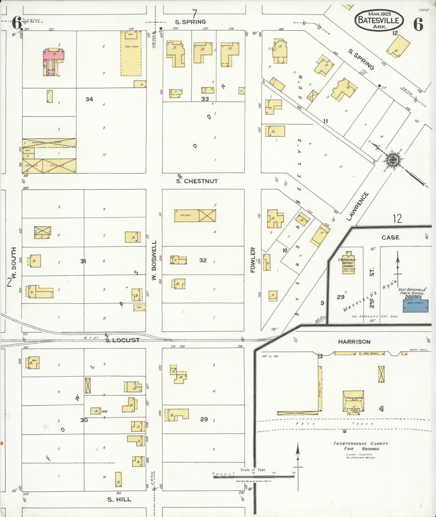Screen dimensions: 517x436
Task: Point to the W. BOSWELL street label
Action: (x=154, y=260)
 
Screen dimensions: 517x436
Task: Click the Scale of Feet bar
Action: (x=253, y=477)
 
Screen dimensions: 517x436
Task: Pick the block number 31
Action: (x=83, y=261)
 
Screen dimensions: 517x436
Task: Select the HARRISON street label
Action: (x=354, y=342)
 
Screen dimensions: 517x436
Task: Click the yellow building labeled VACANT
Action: (x=186, y=216)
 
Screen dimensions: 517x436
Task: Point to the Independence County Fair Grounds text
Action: (x=361, y=446)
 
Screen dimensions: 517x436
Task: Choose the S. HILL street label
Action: (x=119, y=499)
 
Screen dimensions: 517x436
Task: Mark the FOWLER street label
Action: (x=253, y=260)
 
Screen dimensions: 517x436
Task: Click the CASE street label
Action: (x=390, y=237)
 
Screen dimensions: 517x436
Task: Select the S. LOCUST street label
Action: (x=122, y=340)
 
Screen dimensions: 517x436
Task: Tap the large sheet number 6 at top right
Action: (x=418, y=24)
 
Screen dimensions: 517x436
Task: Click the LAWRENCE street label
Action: (x=358, y=206)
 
